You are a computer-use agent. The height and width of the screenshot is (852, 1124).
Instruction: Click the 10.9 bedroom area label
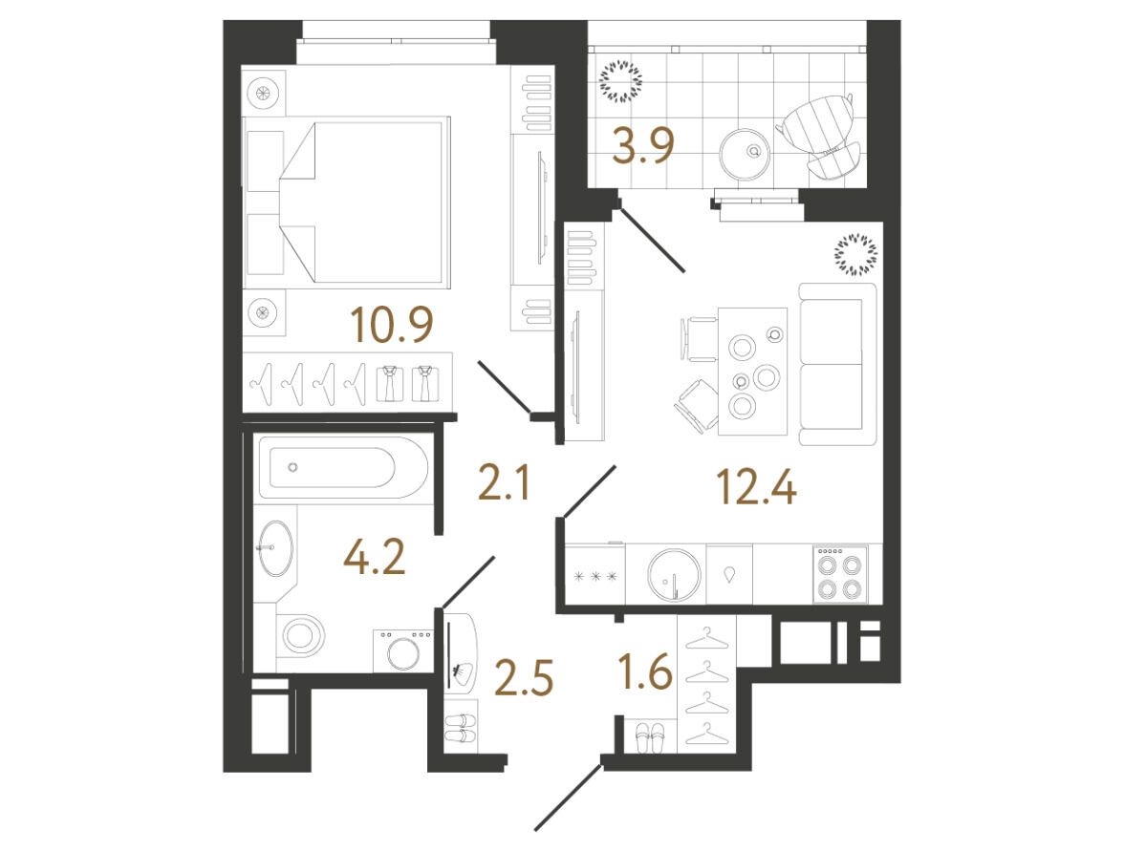pyautogui.click(x=392, y=325)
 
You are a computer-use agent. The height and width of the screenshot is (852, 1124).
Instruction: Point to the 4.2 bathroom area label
pyautogui.click(x=375, y=558)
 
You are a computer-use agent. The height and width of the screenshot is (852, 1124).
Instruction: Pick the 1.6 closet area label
pyautogui.click(x=645, y=672)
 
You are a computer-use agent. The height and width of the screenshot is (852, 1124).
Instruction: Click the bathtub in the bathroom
pyautogui.click(x=343, y=468)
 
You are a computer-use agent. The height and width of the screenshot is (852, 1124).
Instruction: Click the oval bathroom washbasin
pyautogui.click(x=275, y=547)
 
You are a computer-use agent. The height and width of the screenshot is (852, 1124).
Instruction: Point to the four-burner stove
pyautogui.click(x=840, y=574)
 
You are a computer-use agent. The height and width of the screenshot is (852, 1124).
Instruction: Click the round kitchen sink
pyautogui.click(x=674, y=575)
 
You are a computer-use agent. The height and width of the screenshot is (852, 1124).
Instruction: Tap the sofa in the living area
pyautogui.click(x=837, y=364)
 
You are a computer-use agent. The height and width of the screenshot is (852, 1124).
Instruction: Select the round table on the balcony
pyautogui.click(x=746, y=154)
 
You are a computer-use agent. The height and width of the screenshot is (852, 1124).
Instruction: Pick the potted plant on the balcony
pyautogui.click(x=621, y=79)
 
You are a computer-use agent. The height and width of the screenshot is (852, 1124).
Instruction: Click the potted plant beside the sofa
pyautogui.click(x=856, y=254)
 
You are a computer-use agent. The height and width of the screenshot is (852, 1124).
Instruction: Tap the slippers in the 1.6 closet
pyautogui.click(x=651, y=737)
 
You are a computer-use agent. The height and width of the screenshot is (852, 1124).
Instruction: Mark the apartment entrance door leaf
pyautogui.click(x=569, y=798)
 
